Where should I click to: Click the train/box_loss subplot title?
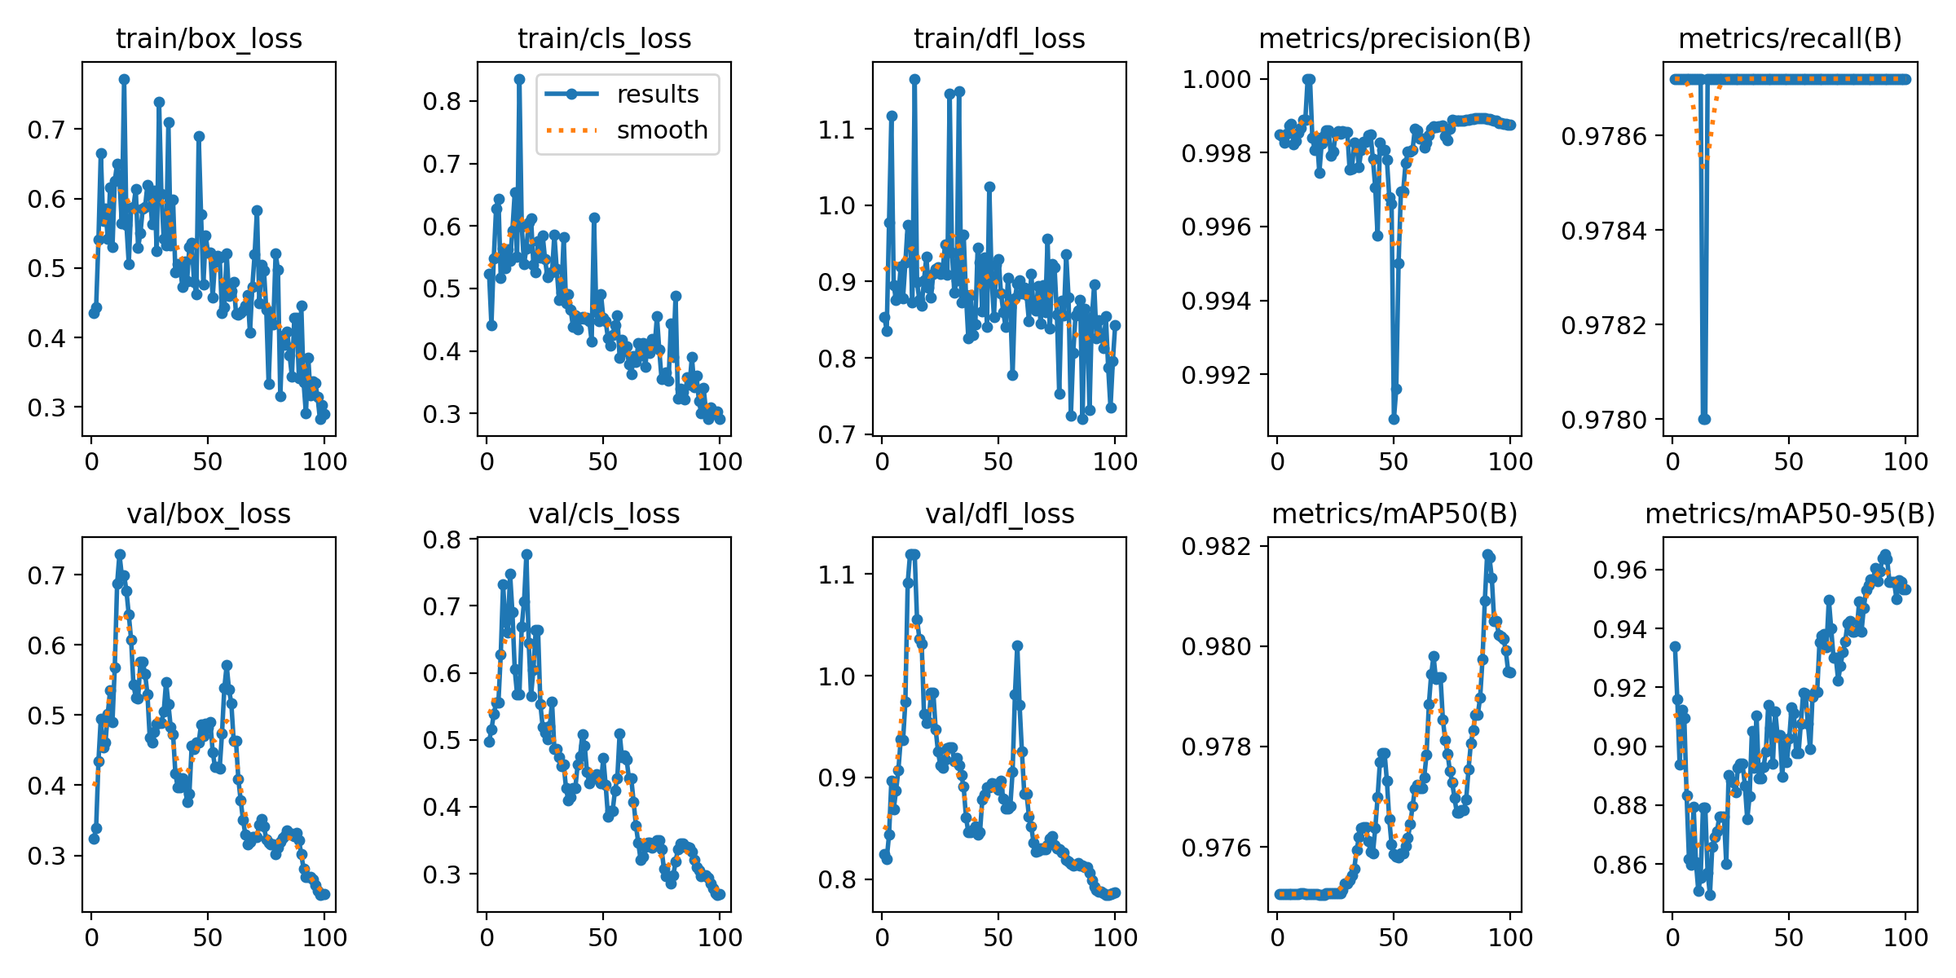point(209,39)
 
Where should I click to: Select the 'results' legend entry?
point(657,95)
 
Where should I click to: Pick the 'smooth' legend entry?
point(662,130)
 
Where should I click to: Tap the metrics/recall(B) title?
point(1790,39)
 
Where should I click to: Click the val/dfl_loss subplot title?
point(999,514)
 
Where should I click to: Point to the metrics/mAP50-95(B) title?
point(1790,514)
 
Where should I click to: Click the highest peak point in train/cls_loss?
point(519,79)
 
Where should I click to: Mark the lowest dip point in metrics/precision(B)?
point(1394,419)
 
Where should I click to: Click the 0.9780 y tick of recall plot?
point(1603,420)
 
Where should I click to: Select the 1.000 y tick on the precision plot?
point(1216,79)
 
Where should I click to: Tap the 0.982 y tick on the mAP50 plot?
point(1216,546)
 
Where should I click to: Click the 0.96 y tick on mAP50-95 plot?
point(1620,570)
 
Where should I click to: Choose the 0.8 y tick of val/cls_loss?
point(442,540)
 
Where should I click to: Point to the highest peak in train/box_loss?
point(124,79)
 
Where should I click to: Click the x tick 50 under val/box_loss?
point(207,937)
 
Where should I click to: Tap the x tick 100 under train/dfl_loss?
point(1115,462)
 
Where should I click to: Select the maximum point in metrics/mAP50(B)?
point(1487,554)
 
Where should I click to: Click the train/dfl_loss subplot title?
point(999,39)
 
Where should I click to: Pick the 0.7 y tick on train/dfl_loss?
point(837,434)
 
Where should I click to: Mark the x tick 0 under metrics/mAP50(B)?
point(1277,937)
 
